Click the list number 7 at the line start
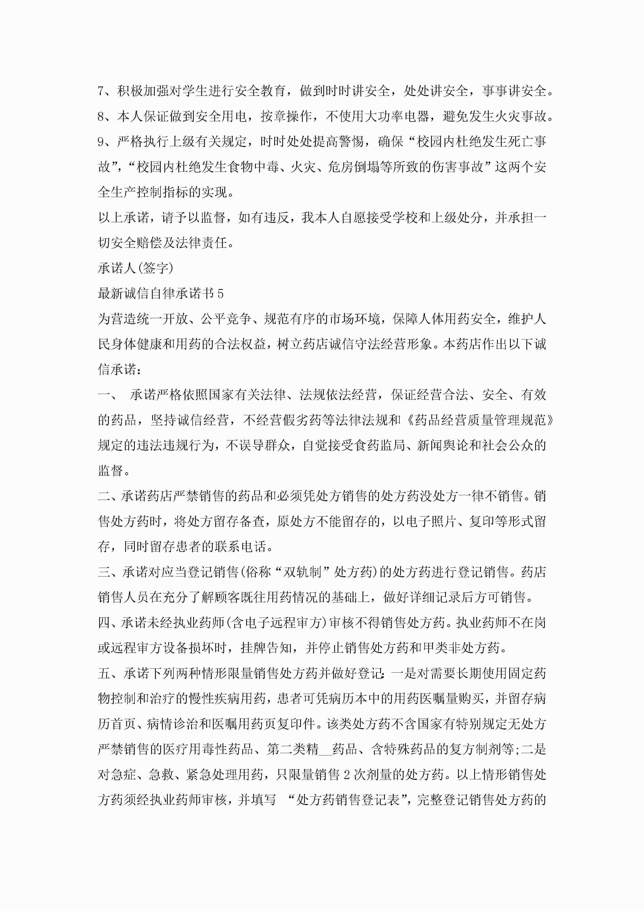102,91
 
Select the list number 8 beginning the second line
102,116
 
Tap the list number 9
102,142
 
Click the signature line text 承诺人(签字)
136,269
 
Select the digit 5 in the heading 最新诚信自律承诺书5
221,294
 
